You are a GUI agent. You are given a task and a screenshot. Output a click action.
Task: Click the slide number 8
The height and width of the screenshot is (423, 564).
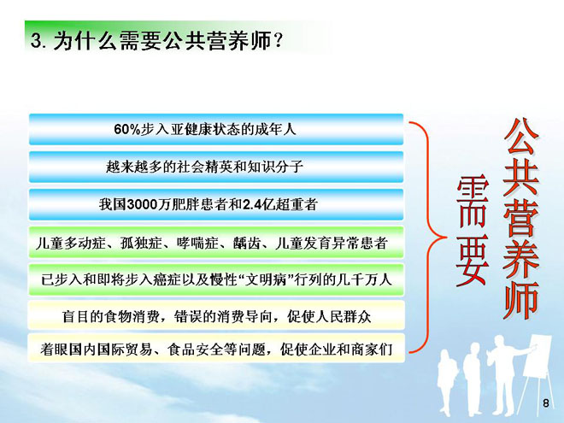[546, 403]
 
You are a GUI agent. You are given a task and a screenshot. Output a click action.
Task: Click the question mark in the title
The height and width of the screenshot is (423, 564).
[278, 40]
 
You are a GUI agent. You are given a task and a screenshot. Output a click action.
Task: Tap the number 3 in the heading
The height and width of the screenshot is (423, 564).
[36, 41]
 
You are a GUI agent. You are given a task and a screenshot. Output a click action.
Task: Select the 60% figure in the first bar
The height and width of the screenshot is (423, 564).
[126, 130]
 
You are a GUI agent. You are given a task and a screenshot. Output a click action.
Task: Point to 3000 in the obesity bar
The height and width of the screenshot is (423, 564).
[142, 205]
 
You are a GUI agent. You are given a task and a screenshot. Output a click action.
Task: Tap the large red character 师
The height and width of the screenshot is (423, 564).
[521, 301]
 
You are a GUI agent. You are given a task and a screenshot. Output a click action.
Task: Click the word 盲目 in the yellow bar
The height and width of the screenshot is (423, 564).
[76, 317]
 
